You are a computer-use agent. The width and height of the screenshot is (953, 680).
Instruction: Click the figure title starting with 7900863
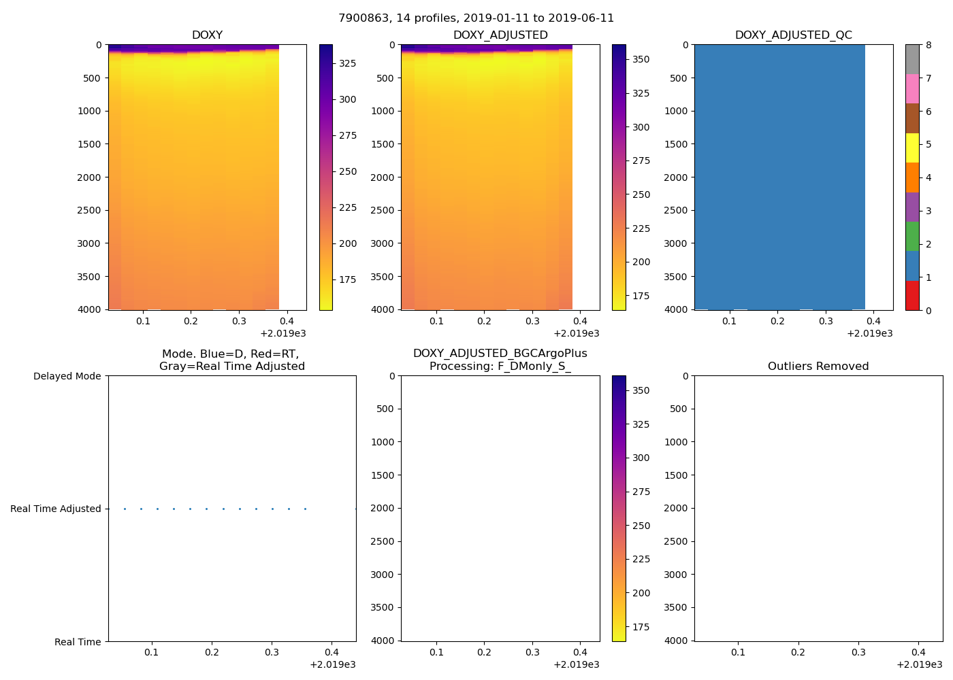[x=476, y=18]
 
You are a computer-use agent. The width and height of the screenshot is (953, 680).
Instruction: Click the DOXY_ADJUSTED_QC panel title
[x=793, y=35]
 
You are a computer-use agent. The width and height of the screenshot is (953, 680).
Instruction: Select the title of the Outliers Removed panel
[x=818, y=367]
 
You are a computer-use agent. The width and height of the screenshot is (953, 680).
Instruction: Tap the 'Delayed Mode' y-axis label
[x=67, y=376]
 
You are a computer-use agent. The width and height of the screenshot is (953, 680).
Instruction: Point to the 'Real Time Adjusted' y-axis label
[x=55, y=509]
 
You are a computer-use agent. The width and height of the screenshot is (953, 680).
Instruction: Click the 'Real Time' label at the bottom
[x=78, y=642]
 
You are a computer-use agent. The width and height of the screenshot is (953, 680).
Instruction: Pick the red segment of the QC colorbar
[x=912, y=296]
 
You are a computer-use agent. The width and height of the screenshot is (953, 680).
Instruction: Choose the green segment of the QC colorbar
[x=912, y=236]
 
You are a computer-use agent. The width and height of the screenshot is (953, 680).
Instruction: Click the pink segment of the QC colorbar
[x=912, y=88]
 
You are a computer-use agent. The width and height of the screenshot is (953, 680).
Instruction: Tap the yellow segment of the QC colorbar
[x=912, y=148]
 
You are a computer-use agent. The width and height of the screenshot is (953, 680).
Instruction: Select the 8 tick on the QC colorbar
[x=928, y=45]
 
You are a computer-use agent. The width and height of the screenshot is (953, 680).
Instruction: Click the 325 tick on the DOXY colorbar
[x=348, y=63]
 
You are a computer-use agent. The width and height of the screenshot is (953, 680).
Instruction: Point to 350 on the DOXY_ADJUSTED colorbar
[x=641, y=59]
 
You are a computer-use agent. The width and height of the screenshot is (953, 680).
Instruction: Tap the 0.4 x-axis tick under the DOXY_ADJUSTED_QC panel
[x=874, y=321]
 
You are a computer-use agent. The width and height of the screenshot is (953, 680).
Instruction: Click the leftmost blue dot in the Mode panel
[x=125, y=509]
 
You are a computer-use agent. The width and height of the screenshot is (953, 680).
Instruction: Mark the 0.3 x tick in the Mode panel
[x=272, y=652]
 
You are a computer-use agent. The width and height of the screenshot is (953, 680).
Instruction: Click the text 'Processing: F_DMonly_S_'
[x=500, y=367]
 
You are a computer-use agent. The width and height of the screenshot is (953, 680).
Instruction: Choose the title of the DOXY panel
[x=207, y=35]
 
